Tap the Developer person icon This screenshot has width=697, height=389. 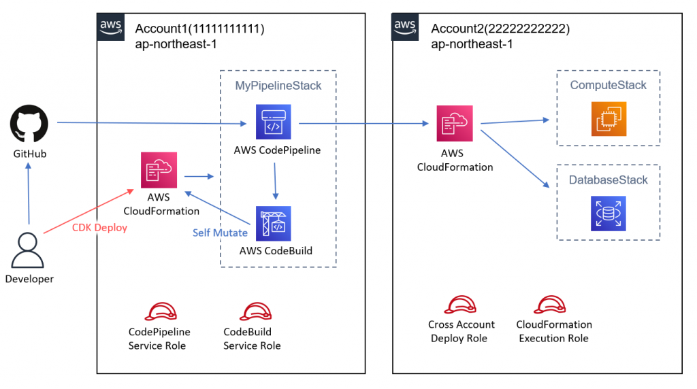(29, 250)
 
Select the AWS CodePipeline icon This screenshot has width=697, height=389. (274, 122)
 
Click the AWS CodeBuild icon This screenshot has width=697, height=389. (274, 223)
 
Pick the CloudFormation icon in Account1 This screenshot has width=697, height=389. (159, 170)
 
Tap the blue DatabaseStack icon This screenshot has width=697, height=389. (607, 214)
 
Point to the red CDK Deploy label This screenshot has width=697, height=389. (99, 228)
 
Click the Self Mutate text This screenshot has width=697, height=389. (220, 233)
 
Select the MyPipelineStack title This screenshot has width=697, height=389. (278, 86)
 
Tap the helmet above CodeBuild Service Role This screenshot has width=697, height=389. (252, 312)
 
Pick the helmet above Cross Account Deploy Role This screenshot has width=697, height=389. (461, 305)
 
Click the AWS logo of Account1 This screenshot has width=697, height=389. (111, 27)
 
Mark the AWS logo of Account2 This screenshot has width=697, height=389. (406, 27)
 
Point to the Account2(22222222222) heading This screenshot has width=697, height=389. (500, 29)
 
